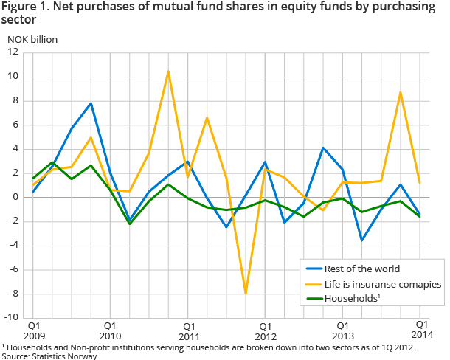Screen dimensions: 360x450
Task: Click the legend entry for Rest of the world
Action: click(357, 269)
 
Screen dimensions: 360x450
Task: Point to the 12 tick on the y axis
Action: click(13, 52)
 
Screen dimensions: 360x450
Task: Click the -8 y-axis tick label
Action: click(15, 293)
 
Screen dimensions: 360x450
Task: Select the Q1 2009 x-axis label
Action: click(34, 330)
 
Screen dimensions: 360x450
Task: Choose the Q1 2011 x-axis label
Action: click(188, 330)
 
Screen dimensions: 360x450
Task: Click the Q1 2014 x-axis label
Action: click(420, 330)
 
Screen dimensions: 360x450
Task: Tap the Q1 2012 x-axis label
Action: click(266, 330)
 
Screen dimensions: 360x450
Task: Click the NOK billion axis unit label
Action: click(32, 38)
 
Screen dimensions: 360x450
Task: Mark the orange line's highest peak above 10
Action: click(168, 72)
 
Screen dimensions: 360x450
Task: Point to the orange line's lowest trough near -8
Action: click(245, 294)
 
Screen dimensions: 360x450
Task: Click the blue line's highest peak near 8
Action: click(91, 103)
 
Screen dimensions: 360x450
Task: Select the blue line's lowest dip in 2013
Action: click(361, 240)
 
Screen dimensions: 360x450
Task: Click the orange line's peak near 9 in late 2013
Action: click(400, 92)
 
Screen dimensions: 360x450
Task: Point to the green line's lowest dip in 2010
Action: click(129, 224)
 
